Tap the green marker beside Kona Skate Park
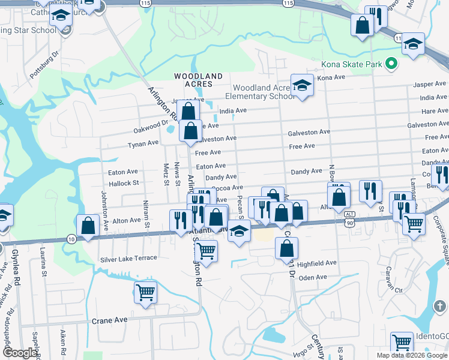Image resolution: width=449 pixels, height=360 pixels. tap(392, 63)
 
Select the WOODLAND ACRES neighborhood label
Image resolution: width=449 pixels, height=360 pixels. tap(198, 80)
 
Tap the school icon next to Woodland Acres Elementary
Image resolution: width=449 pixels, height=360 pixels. tap(302, 85)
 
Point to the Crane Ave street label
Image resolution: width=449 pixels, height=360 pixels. tap(109, 320)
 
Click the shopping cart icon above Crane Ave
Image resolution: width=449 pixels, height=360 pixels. tap(145, 293)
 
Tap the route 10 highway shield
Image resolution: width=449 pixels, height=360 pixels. tap(71, 239)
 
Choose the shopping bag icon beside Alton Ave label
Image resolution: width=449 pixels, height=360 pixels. tap(88, 226)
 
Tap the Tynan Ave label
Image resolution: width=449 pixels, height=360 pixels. tap(143, 143)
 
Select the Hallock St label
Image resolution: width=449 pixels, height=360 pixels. tap(123, 182)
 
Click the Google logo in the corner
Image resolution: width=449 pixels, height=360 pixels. tap(20, 353)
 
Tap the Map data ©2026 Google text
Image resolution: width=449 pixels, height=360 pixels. tap(411, 355)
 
